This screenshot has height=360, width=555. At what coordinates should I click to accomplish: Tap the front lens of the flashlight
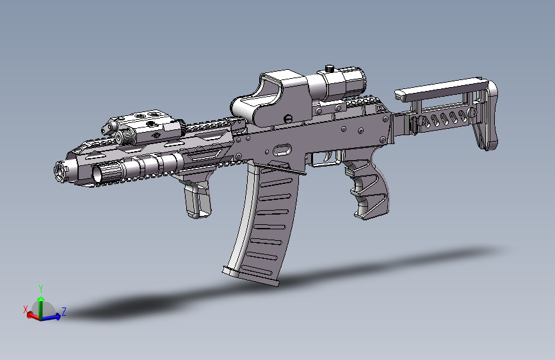click(99, 172)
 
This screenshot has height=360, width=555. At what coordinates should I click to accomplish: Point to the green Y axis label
click(40, 288)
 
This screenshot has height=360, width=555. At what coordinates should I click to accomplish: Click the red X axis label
click(26, 310)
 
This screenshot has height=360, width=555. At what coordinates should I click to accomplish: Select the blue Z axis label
click(64, 312)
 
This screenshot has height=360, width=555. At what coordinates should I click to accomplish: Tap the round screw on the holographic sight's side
click(289, 118)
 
